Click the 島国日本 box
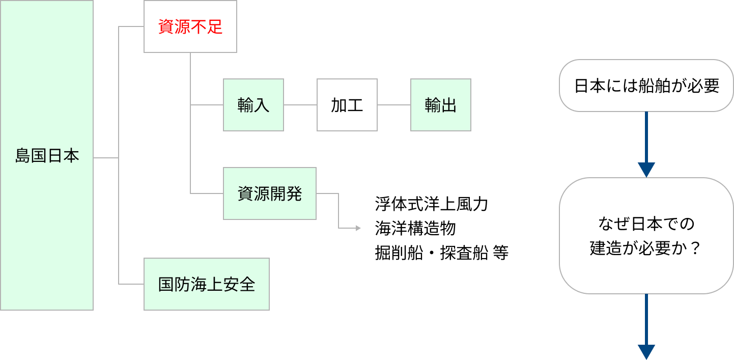(47, 155)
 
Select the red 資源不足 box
(190, 26)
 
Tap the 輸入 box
(253, 105)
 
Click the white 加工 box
(347, 105)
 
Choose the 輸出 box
(441, 105)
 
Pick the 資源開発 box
(270, 193)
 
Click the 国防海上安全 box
(206, 284)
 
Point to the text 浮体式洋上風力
(431, 204)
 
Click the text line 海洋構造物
(415, 229)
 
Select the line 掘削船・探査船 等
(441, 253)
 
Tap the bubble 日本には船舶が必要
(646, 86)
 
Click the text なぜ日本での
(646, 224)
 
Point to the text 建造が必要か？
(646, 248)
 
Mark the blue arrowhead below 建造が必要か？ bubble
(646, 352)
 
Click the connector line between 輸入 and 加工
(300, 105)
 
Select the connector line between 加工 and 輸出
(394, 105)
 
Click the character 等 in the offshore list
(501, 253)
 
